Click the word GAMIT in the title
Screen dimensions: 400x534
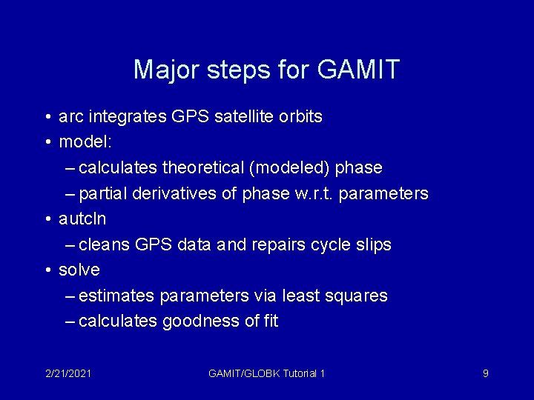358,70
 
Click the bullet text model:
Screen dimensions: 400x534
82,142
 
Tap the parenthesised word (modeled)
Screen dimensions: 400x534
290,168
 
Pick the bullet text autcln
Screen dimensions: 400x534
82,219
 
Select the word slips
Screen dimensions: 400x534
373,244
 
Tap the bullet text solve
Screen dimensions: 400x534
79,270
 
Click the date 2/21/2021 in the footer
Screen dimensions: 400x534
68,373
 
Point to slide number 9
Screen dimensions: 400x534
485,373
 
